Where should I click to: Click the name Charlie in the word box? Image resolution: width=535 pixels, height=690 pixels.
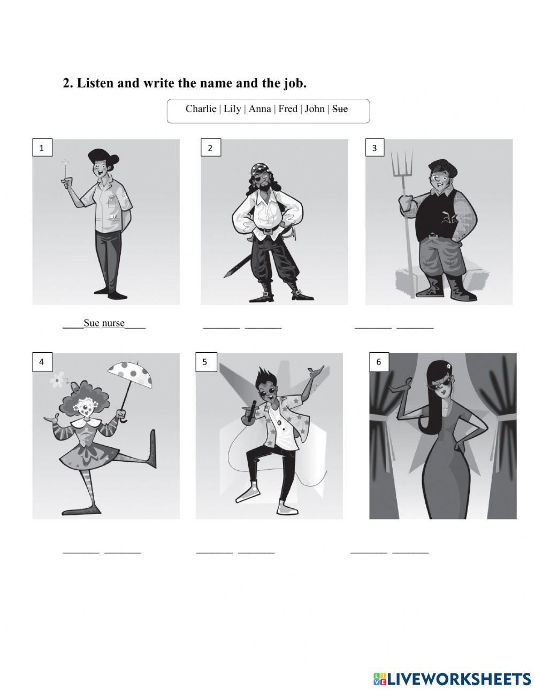(x=201, y=109)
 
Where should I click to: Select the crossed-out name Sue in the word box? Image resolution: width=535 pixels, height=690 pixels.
(x=340, y=109)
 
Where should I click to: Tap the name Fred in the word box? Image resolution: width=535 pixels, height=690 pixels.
(x=288, y=109)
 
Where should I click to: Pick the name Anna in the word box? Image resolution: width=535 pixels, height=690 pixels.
(x=259, y=109)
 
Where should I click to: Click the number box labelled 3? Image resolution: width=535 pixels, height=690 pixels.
(x=374, y=148)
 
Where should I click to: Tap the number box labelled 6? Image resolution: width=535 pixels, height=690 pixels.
(x=379, y=362)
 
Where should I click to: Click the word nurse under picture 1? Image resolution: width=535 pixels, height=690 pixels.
(x=113, y=323)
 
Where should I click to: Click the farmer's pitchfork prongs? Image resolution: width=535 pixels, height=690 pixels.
(x=402, y=162)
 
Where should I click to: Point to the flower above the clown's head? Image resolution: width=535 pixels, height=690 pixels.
(x=57, y=379)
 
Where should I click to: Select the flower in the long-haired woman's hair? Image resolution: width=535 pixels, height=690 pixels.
(x=448, y=367)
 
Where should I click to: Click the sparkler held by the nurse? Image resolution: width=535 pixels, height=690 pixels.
(x=66, y=168)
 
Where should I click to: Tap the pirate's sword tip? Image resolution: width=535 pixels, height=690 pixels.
(x=225, y=276)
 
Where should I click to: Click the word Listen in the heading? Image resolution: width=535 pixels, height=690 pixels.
(x=97, y=83)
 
